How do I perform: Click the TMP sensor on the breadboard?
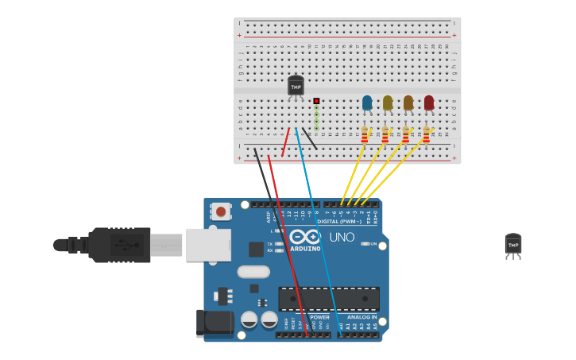296,86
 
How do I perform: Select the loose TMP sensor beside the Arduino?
513,245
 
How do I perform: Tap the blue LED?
367,103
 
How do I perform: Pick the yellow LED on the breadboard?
388,103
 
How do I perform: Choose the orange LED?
408,103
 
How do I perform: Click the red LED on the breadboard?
429,103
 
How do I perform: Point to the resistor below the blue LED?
365,136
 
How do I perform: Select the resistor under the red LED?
427,136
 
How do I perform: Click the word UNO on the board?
342,237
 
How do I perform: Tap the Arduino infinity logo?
304,237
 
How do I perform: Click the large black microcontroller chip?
328,299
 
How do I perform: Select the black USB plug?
119,245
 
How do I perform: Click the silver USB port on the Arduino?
208,245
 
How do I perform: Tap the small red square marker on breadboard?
316,101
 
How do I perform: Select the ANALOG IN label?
361,316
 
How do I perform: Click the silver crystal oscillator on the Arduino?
253,272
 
